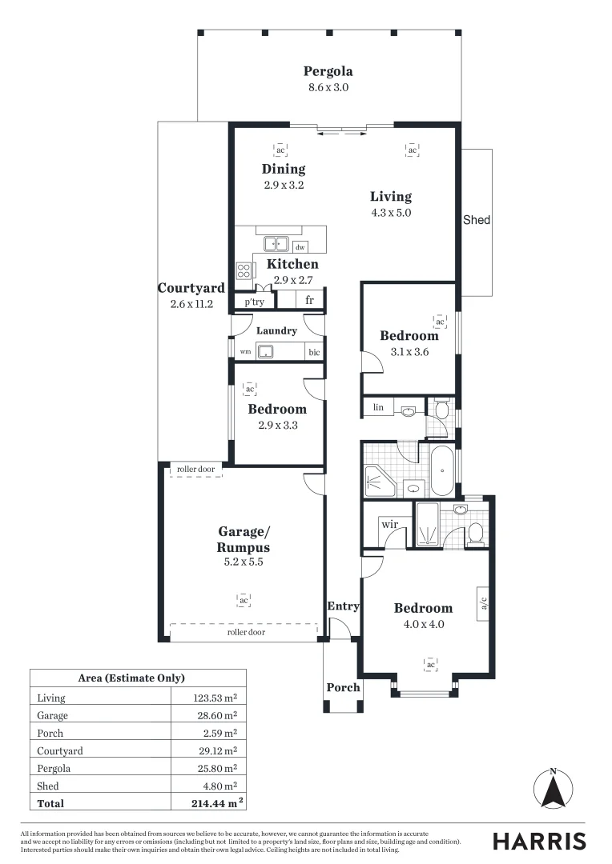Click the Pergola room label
point(328,71)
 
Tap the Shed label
point(477,220)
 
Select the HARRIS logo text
point(539,841)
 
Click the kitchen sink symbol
point(277,243)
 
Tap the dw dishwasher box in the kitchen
point(300,247)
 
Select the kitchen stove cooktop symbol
point(244,270)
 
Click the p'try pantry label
point(254,302)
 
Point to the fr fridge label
point(309,302)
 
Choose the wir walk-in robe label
point(390,524)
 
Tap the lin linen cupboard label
point(378,408)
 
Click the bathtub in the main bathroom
point(442,471)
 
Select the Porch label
point(343,687)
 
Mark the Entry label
point(343,606)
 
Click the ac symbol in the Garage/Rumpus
point(243,599)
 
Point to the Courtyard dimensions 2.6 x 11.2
point(191,304)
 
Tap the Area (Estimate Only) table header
point(131,678)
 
